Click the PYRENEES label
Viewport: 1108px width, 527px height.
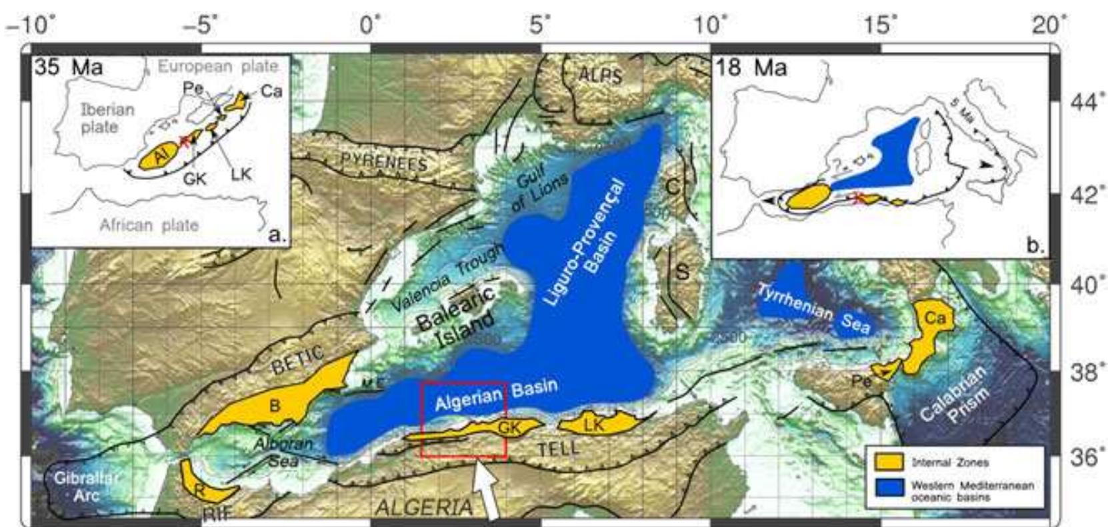383,161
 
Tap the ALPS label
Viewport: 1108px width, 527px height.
600,74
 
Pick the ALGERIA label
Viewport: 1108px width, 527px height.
424,507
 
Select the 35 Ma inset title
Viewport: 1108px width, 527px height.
68,67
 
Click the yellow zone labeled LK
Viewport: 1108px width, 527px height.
595,423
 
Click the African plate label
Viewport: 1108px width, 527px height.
149,225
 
